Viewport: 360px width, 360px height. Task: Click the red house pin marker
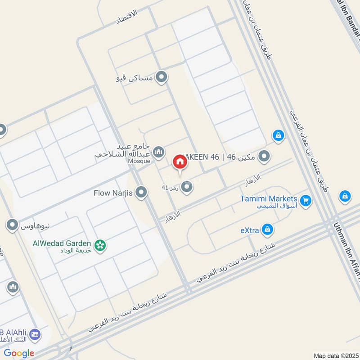[180, 162]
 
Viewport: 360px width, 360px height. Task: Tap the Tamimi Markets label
[268, 198]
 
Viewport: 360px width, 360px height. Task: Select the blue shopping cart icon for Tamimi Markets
[306, 201]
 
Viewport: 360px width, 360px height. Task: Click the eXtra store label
[250, 230]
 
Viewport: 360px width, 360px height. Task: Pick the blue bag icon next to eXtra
[267, 230]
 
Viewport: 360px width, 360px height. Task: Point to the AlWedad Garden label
[62, 243]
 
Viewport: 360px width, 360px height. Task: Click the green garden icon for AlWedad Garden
[100, 245]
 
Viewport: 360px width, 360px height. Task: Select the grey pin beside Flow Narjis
[141, 193]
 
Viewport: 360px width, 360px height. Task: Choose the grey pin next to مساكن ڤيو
[161, 78]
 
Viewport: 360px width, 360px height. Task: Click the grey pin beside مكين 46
[265, 157]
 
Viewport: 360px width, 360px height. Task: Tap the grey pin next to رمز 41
[187, 187]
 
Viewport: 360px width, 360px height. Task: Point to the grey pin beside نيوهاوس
[13, 224]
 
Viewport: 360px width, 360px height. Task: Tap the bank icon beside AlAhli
[35, 335]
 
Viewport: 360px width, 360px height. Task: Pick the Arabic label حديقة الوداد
[77, 250]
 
